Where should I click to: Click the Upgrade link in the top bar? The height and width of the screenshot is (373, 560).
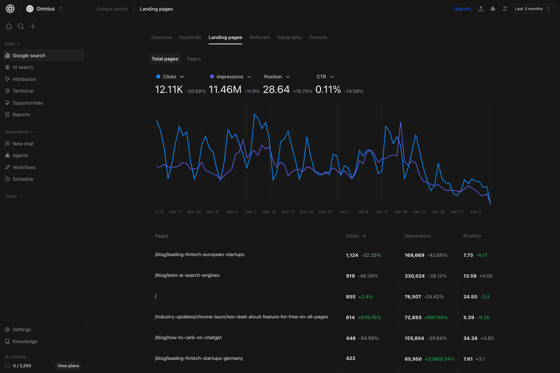point(462,9)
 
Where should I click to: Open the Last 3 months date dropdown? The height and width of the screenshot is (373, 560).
point(532,9)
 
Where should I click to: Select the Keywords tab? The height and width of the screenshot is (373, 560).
point(190,38)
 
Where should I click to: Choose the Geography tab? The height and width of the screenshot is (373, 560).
point(289,38)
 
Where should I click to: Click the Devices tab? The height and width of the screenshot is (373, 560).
point(318,38)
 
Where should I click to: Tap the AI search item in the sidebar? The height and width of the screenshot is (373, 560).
point(23,67)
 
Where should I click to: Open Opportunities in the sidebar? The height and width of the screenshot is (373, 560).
point(28,103)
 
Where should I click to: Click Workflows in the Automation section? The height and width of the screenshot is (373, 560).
point(24,168)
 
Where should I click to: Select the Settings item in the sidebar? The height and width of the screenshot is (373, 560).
point(22,330)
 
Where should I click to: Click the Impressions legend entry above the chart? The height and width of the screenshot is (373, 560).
point(230,77)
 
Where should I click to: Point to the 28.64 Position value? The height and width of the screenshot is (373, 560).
point(276,90)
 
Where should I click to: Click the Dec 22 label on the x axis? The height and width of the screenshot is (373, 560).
point(307,212)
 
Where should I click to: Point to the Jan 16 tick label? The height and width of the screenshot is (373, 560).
point(400,212)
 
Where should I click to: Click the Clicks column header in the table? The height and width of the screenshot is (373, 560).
point(353,236)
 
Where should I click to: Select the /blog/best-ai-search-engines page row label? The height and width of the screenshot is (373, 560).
point(187,275)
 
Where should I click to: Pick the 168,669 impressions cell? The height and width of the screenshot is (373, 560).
point(414,255)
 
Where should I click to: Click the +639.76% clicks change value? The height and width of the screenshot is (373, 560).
point(369,318)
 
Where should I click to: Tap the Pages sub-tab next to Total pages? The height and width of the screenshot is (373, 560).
point(194,59)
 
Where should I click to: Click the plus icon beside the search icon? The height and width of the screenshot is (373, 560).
point(33,26)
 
